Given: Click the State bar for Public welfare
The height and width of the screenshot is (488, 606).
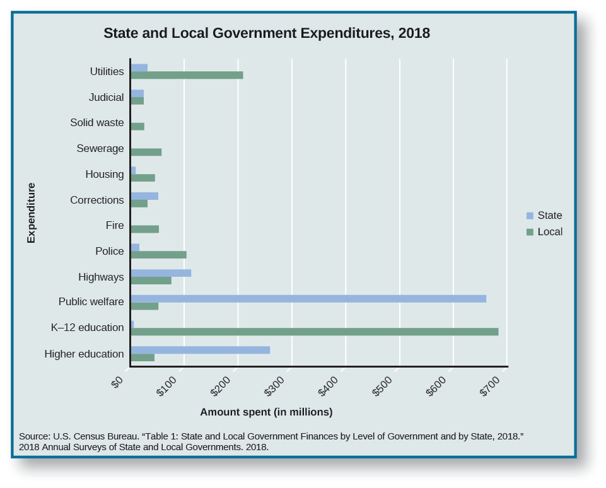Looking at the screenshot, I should (x=308, y=298).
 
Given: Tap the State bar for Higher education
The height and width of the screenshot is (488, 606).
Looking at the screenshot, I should (x=200, y=350).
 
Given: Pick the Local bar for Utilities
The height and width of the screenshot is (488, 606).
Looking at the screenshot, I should (x=187, y=75).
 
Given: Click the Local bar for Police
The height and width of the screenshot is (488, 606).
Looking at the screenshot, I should (x=158, y=255).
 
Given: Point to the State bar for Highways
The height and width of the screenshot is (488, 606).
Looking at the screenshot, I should (x=161, y=273).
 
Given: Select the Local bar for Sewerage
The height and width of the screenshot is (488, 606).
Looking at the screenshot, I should (x=146, y=152).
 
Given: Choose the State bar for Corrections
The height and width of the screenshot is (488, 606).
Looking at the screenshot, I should (x=144, y=196).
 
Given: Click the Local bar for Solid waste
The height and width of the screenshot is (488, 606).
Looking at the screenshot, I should (x=137, y=126).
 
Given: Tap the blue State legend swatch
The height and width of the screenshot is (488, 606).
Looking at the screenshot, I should (x=530, y=216).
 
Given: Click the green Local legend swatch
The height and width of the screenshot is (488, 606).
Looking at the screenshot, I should (x=530, y=232).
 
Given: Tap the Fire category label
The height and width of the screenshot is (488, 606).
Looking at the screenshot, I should (x=115, y=225).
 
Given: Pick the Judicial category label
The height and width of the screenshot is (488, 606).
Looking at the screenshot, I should (x=107, y=97).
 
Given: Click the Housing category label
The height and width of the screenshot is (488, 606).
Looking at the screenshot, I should (x=105, y=174).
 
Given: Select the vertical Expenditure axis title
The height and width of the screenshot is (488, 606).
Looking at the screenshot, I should (x=31, y=213).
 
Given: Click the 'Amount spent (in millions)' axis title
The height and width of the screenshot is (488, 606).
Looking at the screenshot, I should (x=266, y=412).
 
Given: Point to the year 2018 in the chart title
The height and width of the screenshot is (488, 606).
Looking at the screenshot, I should (x=414, y=33).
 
